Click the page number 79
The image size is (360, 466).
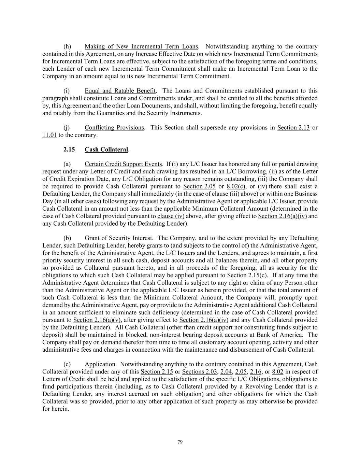coord(180,442)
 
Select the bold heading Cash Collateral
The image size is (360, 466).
coord(106,150)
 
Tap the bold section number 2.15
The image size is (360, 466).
coord(69,150)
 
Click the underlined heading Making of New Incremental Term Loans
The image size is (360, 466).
coord(141,46)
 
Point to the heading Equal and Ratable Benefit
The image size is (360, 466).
coord(120,91)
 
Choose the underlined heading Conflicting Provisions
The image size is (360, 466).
coord(114,128)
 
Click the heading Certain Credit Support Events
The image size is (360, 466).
coord(123,164)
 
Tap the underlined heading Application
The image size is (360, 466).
coord(100,364)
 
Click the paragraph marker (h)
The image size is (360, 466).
coord(67,46)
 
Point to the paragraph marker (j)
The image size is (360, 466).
coord(67,128)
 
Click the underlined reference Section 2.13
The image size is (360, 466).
coord(293,128)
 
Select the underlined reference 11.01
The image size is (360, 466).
coord(49,135)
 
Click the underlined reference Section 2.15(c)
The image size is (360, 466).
coord(248,276)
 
